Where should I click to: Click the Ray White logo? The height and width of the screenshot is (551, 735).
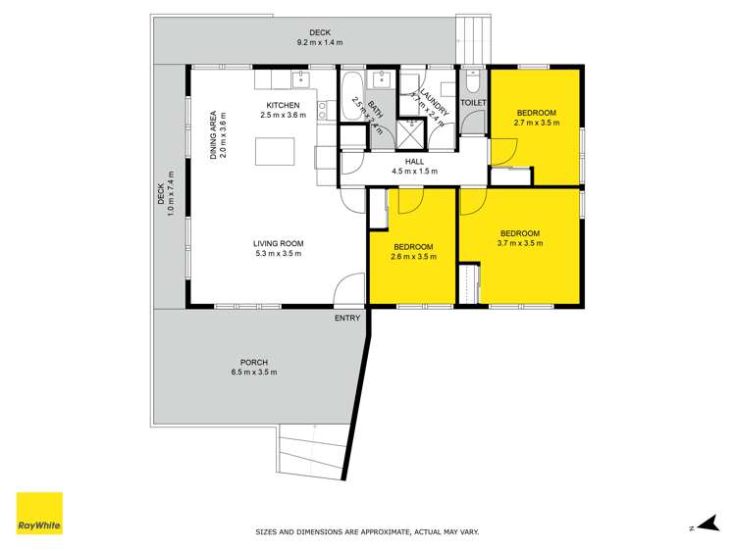coord(39,513)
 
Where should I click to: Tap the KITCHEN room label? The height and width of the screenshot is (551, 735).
coord(283,105)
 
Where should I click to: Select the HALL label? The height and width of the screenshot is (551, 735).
coord(413,160)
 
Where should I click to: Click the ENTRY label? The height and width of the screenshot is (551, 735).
coord(347,318)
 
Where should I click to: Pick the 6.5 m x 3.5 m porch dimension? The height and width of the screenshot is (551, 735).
coord(253,373)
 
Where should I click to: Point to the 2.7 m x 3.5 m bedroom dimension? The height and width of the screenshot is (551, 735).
coord(537,124)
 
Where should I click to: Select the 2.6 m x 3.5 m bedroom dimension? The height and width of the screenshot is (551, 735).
coord(413,257)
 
